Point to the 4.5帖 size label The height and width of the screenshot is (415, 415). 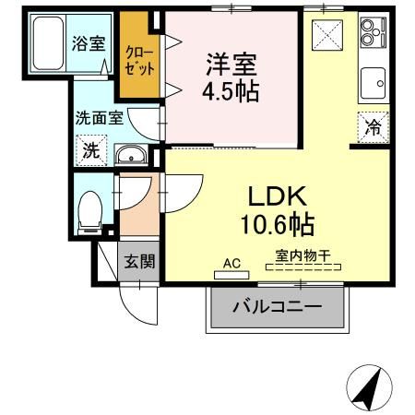(x=231, y=91)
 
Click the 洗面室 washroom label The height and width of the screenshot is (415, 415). (x=99, y=118)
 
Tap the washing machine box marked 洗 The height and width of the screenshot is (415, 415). (x=92, y=150)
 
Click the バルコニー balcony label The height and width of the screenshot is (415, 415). (x=277, y=306)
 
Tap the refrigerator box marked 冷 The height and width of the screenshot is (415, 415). (x=373, y=128)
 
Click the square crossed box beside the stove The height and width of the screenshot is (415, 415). (x=328, y=38)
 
